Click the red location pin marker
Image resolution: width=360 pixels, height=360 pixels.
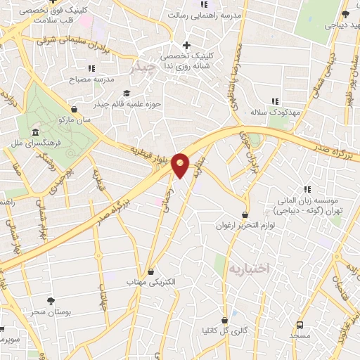point(181,164)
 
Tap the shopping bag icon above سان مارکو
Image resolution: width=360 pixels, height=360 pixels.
point(75,109)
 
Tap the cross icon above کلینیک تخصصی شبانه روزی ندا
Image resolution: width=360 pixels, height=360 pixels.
point(186,45)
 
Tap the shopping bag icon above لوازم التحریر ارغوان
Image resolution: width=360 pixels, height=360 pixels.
point(245,215)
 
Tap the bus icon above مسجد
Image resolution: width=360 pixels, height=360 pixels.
point(300,325)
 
